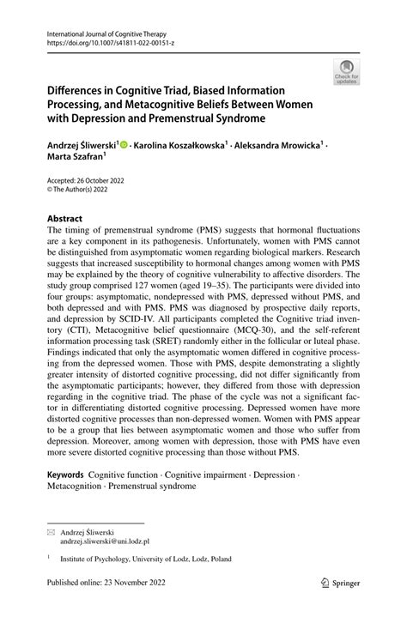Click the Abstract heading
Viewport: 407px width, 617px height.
point(65,218)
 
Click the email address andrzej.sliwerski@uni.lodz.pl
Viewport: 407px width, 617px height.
point(104,541)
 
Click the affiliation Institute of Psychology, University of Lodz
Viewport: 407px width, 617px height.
point(142,559)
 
